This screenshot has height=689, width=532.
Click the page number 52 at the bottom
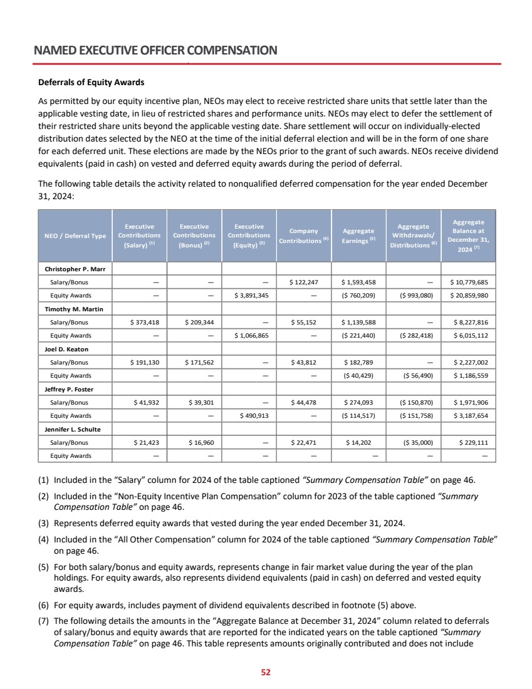click(x=266, y=672)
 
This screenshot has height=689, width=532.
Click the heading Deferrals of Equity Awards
click(x=91, y=82)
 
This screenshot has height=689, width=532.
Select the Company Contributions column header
click(x=303, y=236)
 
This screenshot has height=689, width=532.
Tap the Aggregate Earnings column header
click(x=358, y=236)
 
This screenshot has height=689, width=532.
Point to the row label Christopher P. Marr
click(x=75, y=269)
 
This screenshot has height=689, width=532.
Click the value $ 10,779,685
click(x=470, y=282)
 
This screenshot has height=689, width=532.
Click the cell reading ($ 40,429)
click(x=358, y=376)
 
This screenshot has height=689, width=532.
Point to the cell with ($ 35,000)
click(x=412, y=443)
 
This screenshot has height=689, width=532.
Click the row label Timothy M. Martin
click(x=74, y=309)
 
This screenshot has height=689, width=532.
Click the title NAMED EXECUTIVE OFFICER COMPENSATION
click(x=155, y=49)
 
